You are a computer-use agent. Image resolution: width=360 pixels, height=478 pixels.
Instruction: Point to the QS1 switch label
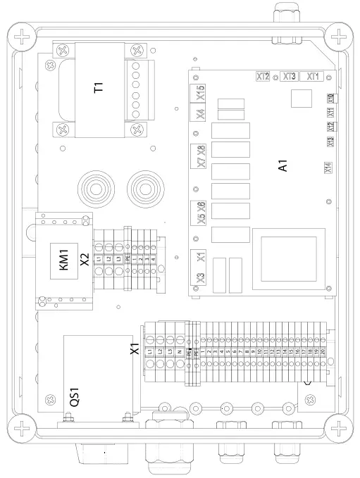click(74, 401)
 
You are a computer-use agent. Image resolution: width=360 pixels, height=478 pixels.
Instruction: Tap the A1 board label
click(283, 168)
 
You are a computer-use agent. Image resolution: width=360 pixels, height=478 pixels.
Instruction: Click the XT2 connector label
click(263, 76)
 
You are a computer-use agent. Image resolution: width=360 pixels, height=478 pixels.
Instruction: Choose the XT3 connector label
click(289, 76)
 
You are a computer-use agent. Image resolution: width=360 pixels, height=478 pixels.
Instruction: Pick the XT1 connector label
click(314, 76)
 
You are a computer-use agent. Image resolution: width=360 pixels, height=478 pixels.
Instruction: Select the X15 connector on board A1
click(200, 92)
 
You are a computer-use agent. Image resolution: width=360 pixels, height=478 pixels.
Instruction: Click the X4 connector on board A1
click(200, 114)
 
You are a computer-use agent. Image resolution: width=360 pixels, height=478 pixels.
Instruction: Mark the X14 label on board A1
click(328, 168)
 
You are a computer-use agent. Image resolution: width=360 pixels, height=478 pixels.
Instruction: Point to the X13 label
click(330, 141)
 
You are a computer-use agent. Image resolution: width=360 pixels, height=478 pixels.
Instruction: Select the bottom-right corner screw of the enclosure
click(339, 427)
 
